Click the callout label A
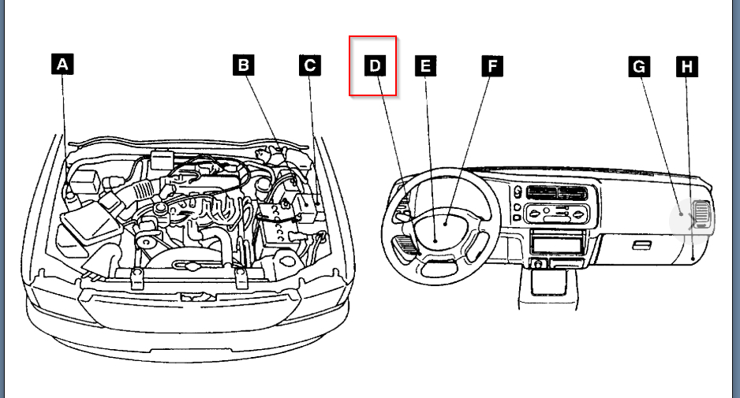click(62, 65)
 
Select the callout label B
click(244, 65)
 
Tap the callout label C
click(310, 65)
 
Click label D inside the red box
click(375, 66)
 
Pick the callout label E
click(425, 66)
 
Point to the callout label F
click(491, 66)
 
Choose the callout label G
click(639, 66)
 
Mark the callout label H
click(687, 66)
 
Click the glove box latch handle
click(641, 245)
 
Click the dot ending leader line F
click(445, 224)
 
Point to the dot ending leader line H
click(693, 258)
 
